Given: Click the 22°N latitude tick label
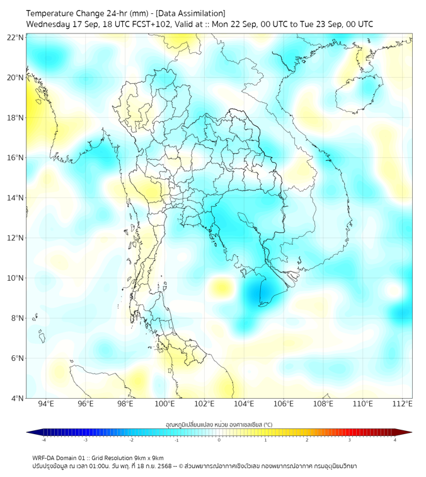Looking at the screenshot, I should coord(16,37).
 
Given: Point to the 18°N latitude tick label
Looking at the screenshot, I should coord(16,118).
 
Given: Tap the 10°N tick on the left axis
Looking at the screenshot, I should coord(16,278).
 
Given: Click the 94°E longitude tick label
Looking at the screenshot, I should coord(46,404).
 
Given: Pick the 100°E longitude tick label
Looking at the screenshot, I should coord(165,404).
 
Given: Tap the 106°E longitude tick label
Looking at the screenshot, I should coord(284,404).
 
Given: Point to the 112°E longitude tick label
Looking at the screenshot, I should coord(403,404).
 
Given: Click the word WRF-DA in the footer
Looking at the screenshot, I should coord(43,457).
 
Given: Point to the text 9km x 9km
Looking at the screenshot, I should coord(147,457).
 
